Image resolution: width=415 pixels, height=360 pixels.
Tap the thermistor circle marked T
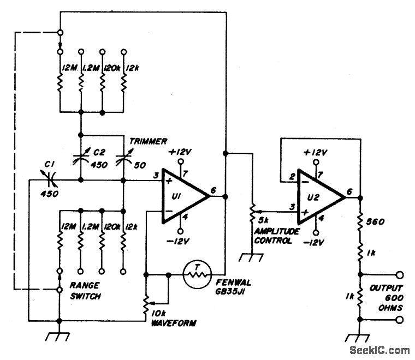[x=197, y=274]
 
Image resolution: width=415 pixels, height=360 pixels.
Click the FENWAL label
[x=233, y=283]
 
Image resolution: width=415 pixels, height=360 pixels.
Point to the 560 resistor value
[x=375, y=221]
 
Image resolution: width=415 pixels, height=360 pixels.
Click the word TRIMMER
[x=148, y=141]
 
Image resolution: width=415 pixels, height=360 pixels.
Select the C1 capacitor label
[x=49, y=164]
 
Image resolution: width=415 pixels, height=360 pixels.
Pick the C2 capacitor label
[x=99, y=152]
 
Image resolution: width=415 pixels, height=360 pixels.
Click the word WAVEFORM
[x=174, y=323]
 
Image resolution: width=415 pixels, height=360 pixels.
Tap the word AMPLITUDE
[x=277, y=231]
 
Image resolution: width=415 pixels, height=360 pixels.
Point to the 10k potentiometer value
[x=159, y=314]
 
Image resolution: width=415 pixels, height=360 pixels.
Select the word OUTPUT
[x=387, y=288]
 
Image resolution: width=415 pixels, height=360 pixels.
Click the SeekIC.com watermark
[x=380, y=350]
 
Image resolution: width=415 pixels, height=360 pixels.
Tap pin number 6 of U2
[x=349, y=191]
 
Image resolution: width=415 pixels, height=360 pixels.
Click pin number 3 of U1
[x=156, y=175]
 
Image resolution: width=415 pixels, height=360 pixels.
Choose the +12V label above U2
[x=316, y=153]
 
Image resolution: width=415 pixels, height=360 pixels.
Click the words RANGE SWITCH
[x=85, y=291]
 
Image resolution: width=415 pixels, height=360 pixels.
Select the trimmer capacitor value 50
[x=140, y=165]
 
